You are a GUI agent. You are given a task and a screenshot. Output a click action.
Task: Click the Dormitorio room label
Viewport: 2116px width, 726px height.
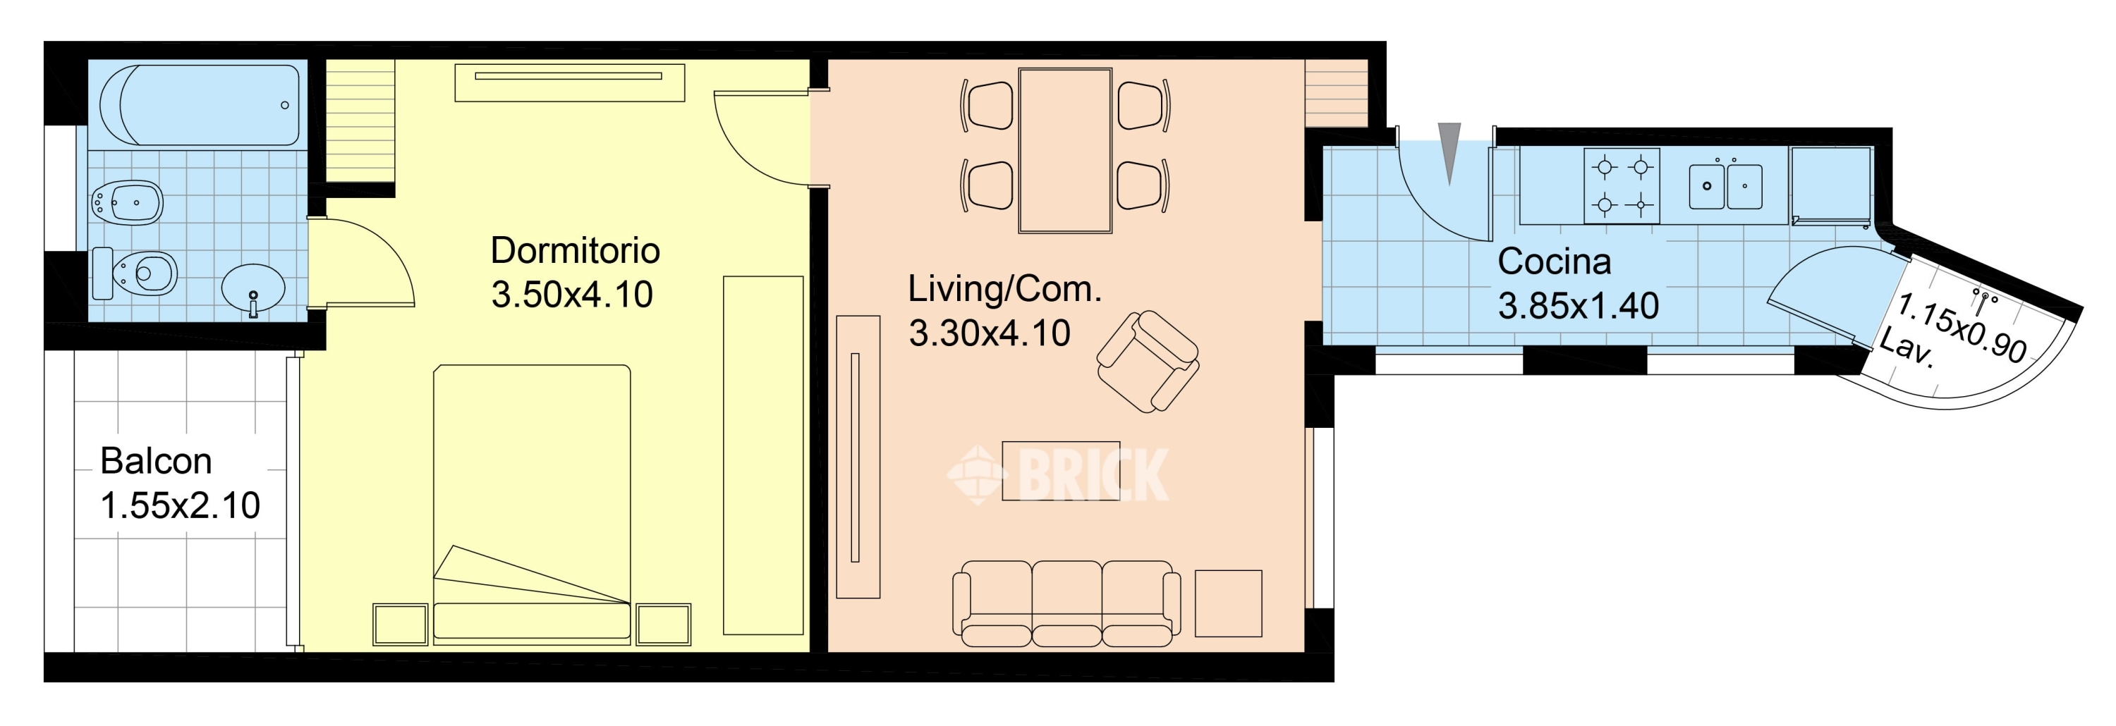click(575, 250)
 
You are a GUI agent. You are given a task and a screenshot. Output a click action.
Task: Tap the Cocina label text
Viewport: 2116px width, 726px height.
click(1554, 262)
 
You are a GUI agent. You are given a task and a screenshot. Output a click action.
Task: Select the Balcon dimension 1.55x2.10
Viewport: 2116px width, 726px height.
click(180, 506)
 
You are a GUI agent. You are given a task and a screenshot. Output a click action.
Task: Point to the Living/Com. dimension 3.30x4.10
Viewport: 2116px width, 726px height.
click(990, 333)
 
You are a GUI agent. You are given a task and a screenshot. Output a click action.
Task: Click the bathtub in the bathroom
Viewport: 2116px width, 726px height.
click(200, 105)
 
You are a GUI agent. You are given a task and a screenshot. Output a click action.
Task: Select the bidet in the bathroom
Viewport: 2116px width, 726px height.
click(128, 201)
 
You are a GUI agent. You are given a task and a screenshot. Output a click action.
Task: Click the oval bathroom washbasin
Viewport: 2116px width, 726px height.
click(254, 288)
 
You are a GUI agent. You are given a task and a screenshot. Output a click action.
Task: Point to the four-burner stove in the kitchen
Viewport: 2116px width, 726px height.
click(1622, 185)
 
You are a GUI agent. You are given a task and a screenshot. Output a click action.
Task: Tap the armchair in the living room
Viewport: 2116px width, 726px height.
click(1148, 362)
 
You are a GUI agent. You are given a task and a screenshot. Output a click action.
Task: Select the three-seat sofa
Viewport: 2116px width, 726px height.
click(1067, 603)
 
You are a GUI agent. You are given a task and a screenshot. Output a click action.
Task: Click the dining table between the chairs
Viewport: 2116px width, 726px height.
click(1065, 150)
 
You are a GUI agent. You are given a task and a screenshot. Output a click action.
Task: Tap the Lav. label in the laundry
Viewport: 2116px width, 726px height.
click(1907, 348)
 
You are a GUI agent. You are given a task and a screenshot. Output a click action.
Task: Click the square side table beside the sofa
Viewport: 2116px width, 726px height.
click(1228, 603)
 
